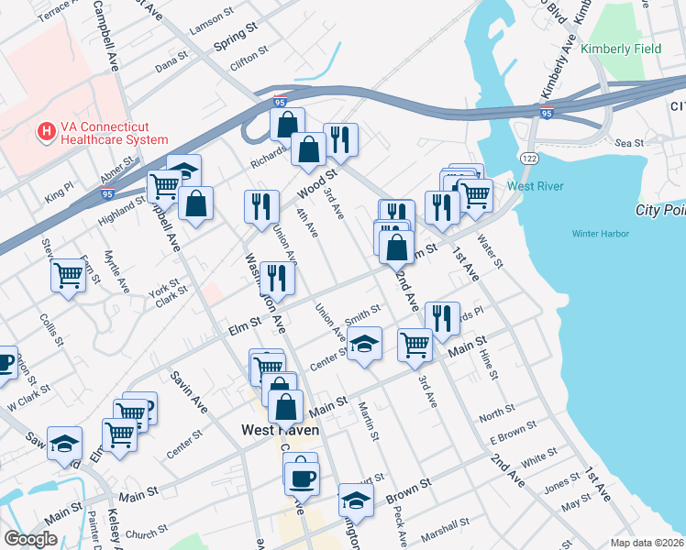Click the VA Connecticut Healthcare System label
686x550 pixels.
click(115, 133)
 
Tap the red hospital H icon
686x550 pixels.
click(45, 134)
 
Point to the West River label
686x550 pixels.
click(535, 186)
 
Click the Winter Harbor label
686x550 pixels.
click(600, 234)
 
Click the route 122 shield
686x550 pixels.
click(529, 159)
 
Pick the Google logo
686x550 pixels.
click(30, 539)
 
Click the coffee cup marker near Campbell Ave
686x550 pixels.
click(301, 477)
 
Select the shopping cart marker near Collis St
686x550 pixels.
click(69, 275)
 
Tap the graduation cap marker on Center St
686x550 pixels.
click(365, 346)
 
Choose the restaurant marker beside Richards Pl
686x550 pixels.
click(443, 317)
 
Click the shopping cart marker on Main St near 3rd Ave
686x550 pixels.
click(415, 345)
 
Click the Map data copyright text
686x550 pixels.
click(647, 543)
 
